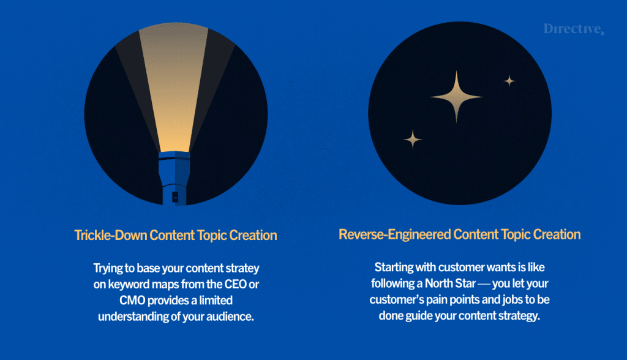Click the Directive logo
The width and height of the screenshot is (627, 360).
point(574,29)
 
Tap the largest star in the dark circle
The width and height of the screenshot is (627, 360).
point(456,96)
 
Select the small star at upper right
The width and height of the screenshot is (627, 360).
point(509,81)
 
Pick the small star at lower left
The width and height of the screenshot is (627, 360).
point(413,139)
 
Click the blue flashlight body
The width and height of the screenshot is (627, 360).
point(175,178)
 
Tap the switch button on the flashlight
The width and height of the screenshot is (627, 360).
point(175,197)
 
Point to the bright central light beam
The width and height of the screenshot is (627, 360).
point(174,88)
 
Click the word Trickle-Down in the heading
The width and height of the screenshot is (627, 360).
point(111,235)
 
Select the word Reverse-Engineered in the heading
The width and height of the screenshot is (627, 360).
point(395,234)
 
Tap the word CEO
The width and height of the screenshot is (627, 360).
point(235,284)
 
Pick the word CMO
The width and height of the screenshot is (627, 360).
point(132,301)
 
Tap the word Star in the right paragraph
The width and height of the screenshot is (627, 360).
point(465,283)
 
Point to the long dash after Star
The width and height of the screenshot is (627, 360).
point(484,284)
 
